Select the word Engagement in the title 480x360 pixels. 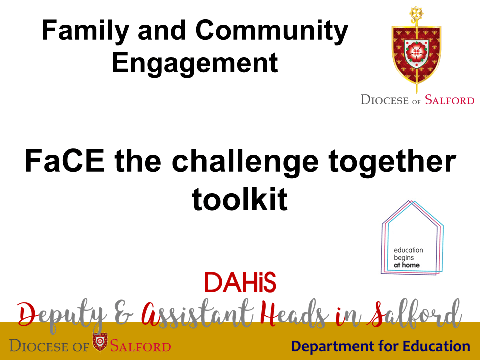pos(195,64)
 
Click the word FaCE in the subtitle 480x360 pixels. pos(65,161)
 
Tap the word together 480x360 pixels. pos(392,162)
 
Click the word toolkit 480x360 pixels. pos(240,199)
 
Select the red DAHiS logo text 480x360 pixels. pos(240,282)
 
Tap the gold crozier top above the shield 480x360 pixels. pos(416,16)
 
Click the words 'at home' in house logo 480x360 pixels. pos(407,265)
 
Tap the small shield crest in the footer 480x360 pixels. pos(100,342)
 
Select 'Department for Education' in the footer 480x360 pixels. pos(381,346)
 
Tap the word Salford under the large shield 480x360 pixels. pos(449,100)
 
